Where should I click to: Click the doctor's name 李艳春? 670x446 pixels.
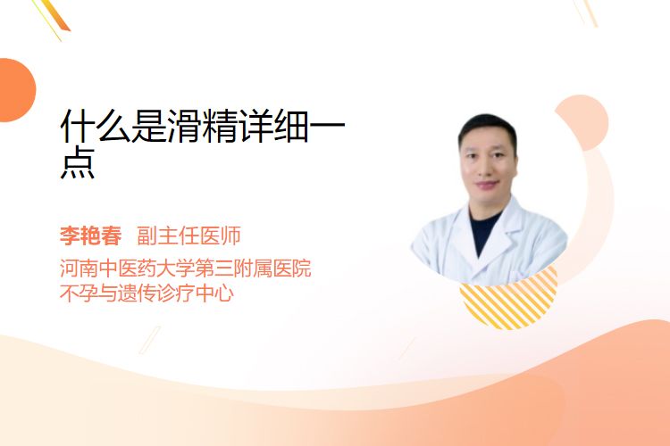coord(90,235)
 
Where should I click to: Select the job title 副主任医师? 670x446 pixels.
coord(188,235)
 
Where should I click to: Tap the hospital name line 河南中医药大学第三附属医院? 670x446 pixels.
coord(186,268)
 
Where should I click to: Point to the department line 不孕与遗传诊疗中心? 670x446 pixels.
coord(147,293)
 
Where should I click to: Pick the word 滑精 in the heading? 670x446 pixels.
coord(203,126)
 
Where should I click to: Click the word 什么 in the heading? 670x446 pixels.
coord(96,126)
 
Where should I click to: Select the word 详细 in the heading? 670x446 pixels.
coord(274,126)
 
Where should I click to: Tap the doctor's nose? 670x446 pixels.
coord(488,168)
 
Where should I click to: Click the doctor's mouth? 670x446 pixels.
coord(488,185)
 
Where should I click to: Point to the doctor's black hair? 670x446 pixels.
coord(487,129)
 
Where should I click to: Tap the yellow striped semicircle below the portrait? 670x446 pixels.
coord(508,302)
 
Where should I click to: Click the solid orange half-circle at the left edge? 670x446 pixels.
coord(16,90)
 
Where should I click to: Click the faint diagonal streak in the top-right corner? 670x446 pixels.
coord(586,12)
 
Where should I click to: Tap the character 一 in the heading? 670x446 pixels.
coord(327,126)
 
